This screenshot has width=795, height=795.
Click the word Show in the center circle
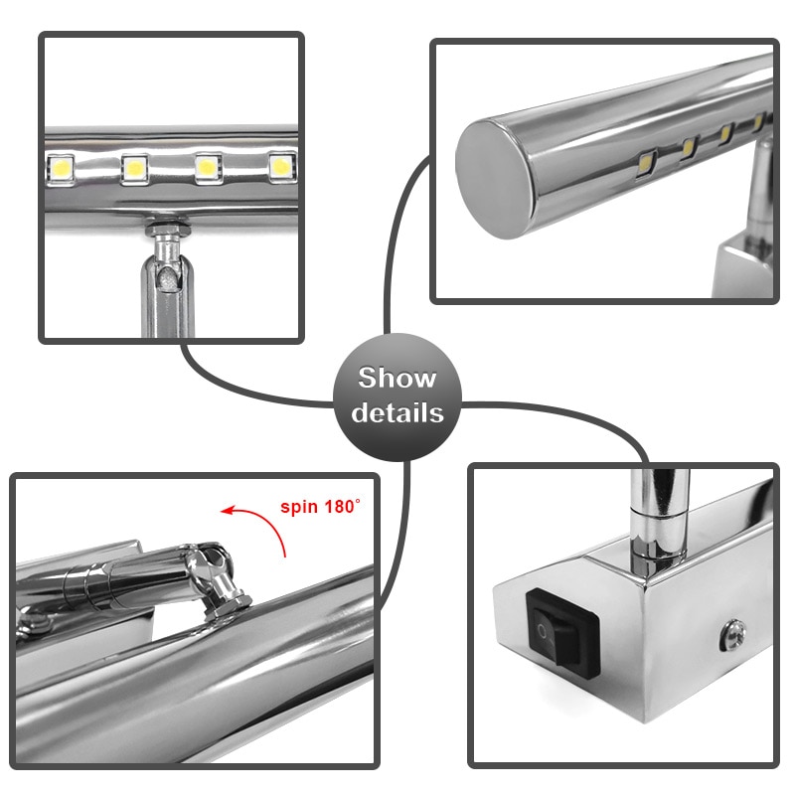coord(397,379)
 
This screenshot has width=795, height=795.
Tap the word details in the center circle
coord(397,411)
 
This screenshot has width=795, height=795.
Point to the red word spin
coord(299,506)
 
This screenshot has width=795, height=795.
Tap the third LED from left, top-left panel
coord(208,167)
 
